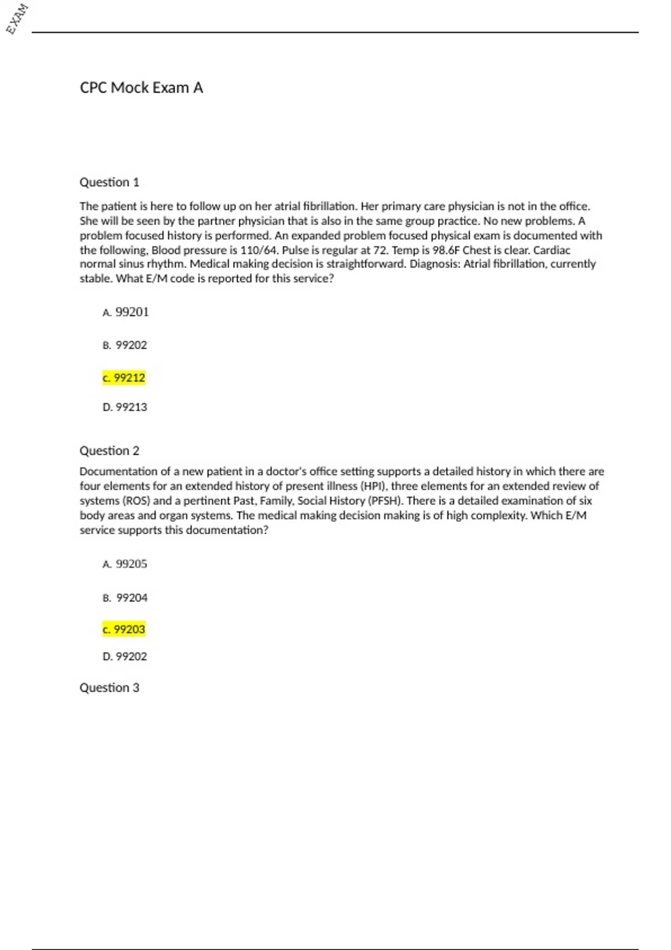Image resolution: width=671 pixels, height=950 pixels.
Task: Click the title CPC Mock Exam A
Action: pos(141,88)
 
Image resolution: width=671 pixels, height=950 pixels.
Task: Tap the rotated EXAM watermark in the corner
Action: pos(17,19)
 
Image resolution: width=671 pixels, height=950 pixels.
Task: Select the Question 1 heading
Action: pos(109,182)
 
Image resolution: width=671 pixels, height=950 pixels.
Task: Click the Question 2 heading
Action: pos(109,450)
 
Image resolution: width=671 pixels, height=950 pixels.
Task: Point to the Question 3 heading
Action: pos(109,687)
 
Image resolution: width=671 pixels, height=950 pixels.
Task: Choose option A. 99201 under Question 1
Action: pos(126,312)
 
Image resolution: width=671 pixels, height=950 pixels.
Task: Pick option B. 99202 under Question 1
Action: pos(125,345)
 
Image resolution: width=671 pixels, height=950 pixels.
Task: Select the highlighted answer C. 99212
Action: pos(124,378)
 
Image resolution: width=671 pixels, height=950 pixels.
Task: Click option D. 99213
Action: pos(125,407)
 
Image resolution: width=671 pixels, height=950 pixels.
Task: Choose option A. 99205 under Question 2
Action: pos(125,564)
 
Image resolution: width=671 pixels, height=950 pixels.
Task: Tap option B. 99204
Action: pos(125,598)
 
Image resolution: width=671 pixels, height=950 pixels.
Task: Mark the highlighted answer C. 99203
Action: pos(124,629)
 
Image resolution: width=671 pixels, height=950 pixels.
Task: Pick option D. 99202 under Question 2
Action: pos(125,657)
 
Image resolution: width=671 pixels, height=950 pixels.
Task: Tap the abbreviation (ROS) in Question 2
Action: pos(136,501)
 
